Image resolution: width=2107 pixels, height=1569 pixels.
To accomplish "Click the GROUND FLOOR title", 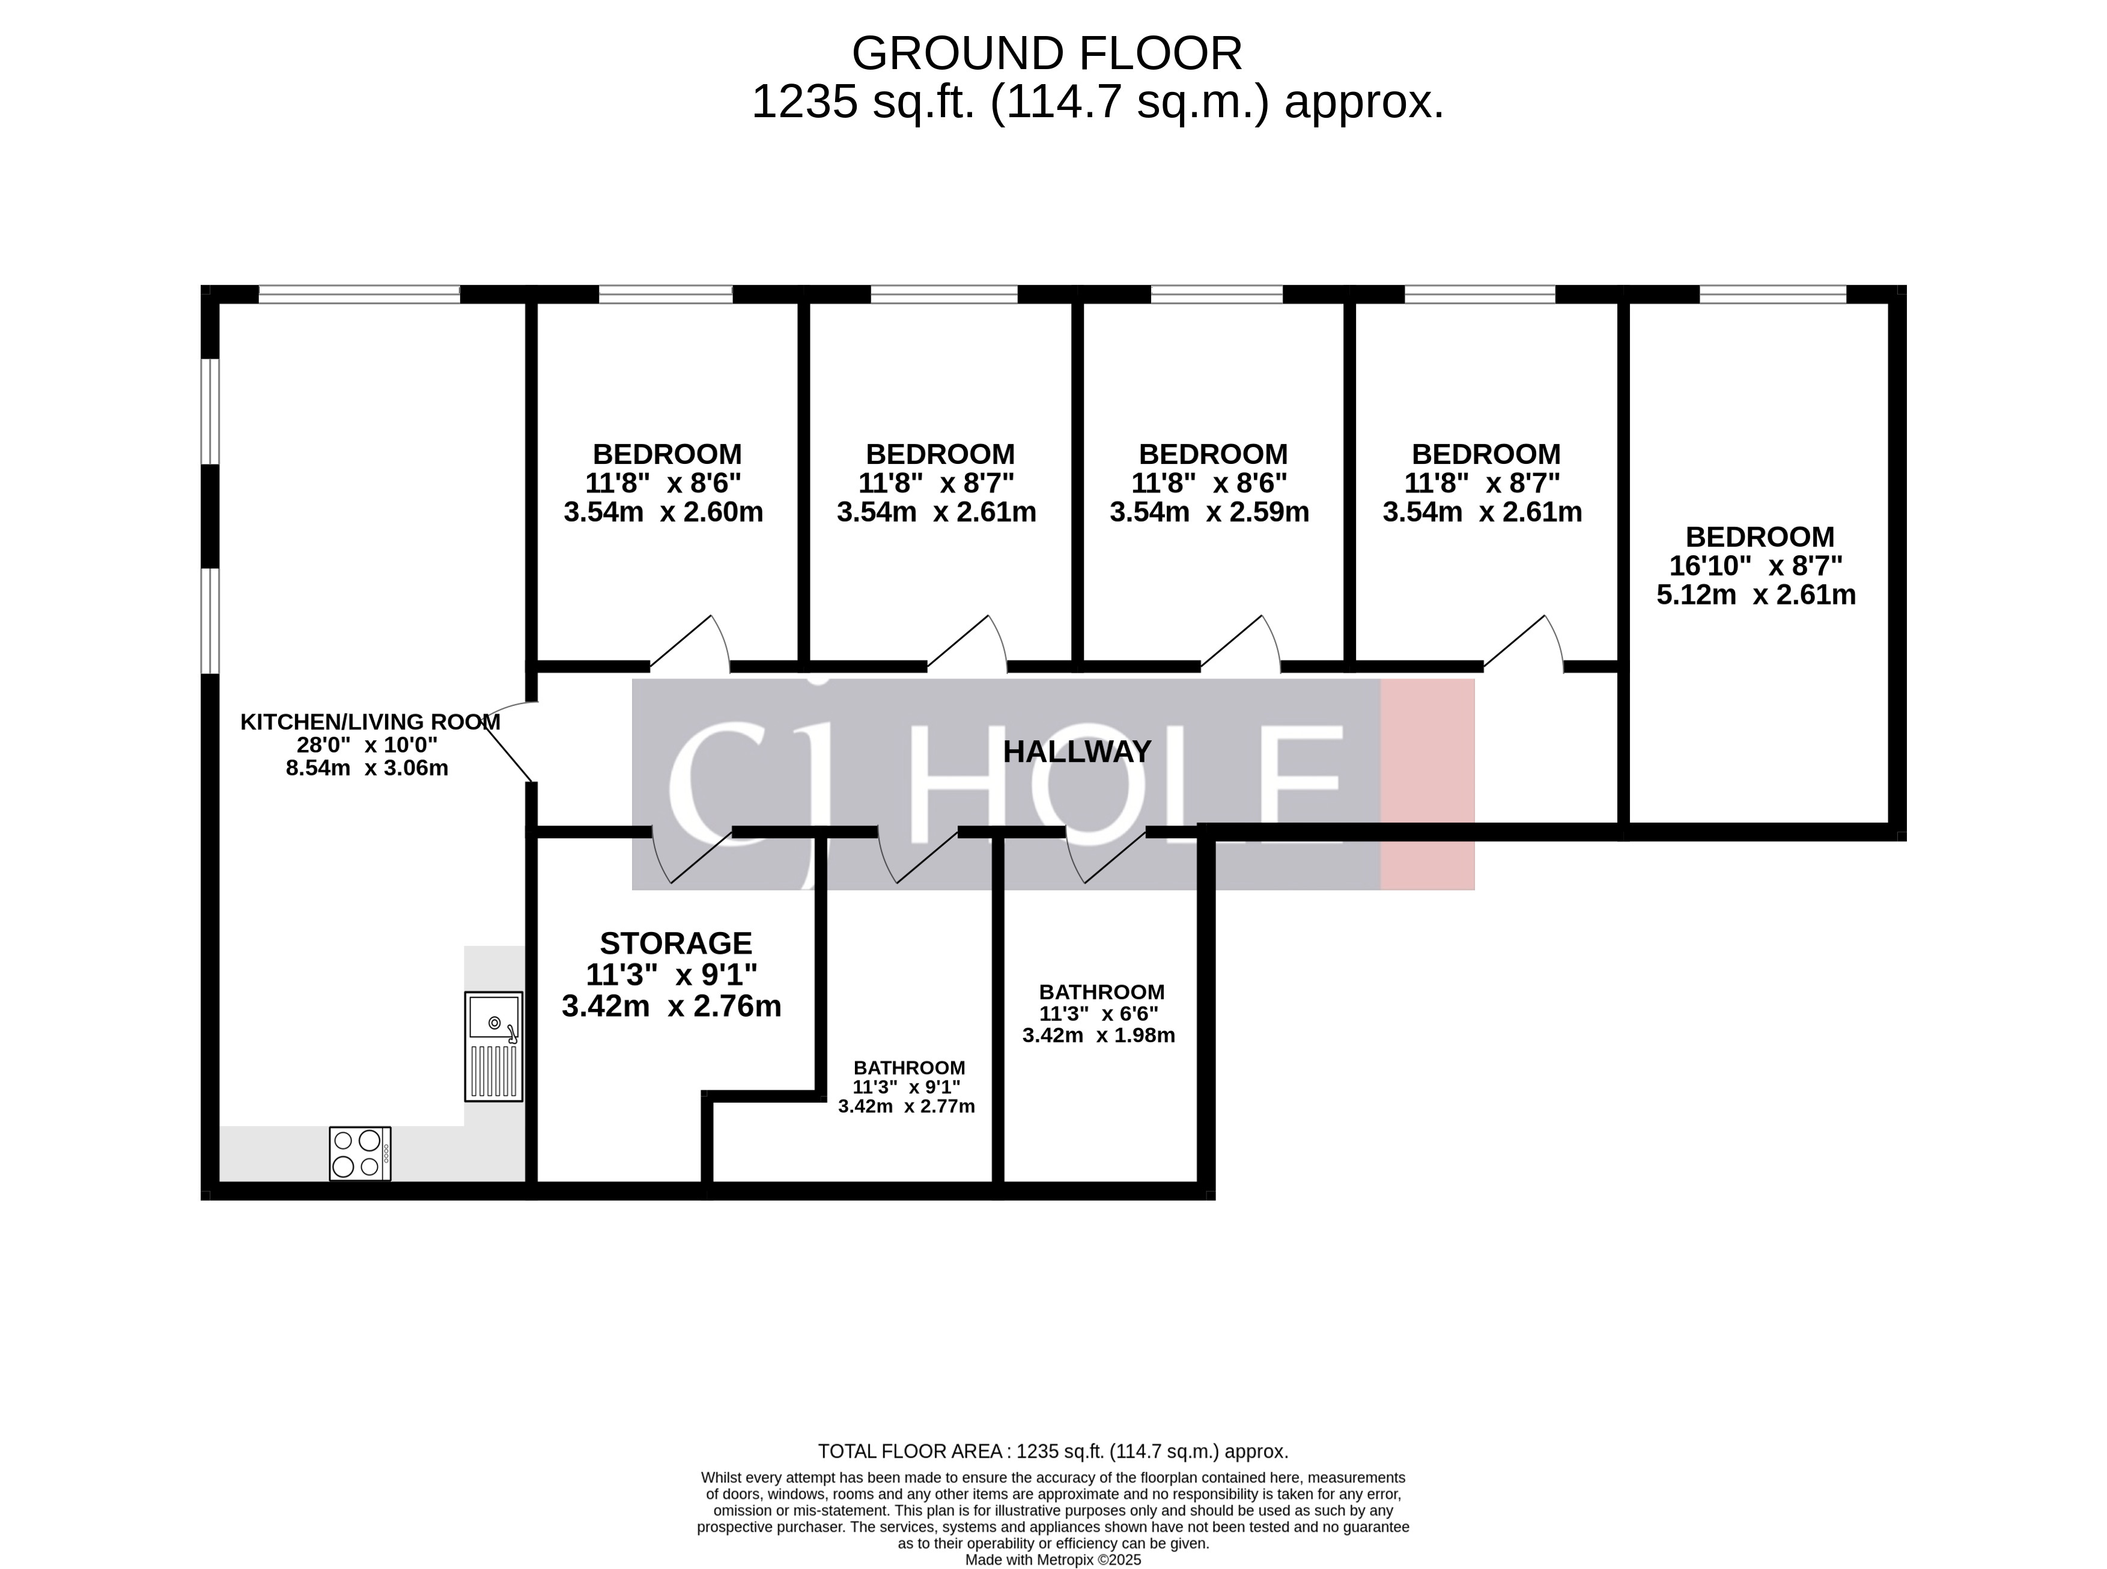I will [1047, 53].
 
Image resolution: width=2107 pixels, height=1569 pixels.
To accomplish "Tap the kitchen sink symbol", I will [493, 1046].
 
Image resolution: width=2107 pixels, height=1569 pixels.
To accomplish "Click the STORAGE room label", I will [675, 943].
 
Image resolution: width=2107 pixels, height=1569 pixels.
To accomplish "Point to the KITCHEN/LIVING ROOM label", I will [369, 722].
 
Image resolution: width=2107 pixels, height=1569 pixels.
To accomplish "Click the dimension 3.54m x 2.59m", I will [1209, 513].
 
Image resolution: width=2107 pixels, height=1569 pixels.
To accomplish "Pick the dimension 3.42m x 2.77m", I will [906, 1106].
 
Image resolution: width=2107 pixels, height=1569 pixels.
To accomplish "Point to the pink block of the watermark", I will [1426, 785].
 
